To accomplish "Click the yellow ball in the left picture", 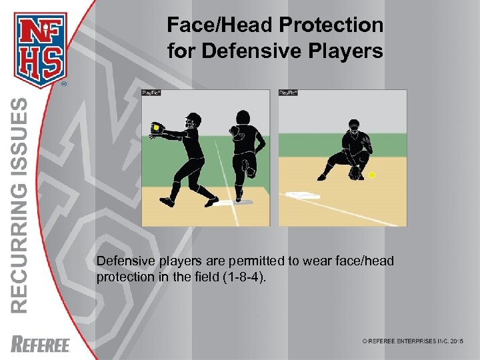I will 156,127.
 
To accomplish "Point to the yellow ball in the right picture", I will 372,175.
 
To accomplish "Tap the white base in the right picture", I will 303,195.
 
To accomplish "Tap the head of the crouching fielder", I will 353,125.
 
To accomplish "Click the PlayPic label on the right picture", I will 287,93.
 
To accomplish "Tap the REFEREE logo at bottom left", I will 41,344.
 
